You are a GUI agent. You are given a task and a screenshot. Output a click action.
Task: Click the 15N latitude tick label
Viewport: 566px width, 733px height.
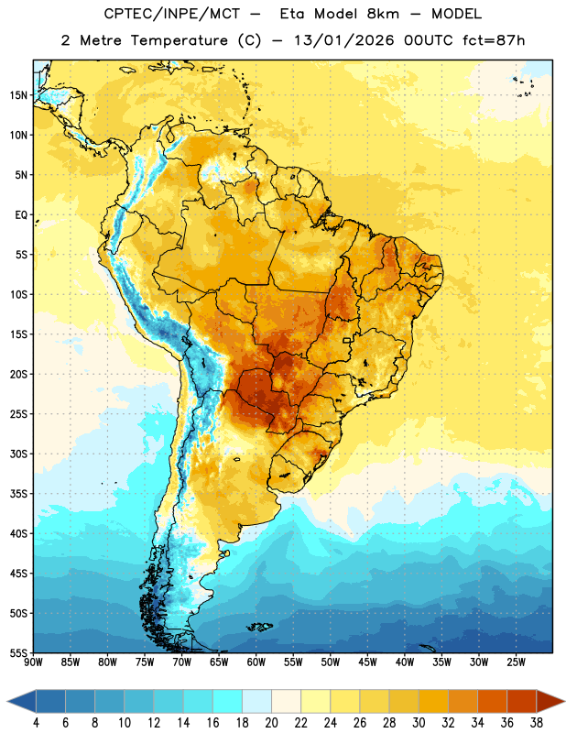(x=18, y=95)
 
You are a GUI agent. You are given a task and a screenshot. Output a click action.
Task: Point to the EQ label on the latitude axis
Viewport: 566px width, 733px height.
(x=21, y=215)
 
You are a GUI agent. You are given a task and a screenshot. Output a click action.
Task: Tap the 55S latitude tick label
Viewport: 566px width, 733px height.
(x=18, y=653)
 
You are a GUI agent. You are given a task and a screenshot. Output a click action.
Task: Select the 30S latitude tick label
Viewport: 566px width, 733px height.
(x=18, y=454)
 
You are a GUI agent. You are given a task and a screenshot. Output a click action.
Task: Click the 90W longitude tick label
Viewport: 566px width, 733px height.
(x=33, y=662)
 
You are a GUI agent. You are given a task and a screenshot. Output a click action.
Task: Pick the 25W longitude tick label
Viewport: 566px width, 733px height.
(x=516, y=662)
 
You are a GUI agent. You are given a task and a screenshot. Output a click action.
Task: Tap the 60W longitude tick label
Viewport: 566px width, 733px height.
(x=256, y=662)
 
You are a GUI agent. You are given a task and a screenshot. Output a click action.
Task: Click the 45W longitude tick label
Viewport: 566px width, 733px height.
(x=368, y=662)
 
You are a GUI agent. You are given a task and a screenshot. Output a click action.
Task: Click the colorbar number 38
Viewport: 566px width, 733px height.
(x=537, y=723)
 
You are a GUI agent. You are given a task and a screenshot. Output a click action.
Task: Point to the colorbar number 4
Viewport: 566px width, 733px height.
(x=36, y=723)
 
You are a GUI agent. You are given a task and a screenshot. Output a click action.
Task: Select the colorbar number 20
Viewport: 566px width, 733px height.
(x=271, y=723)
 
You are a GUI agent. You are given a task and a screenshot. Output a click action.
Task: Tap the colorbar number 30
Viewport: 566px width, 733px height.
(x=419, y=723)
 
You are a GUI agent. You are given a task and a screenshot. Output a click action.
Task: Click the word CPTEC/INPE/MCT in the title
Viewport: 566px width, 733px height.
(x=172, y=14)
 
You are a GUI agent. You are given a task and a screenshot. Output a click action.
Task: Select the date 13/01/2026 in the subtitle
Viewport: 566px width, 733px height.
(x=344, y=40)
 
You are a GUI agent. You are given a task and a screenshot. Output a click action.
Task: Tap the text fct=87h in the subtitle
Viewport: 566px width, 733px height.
(x=494, y=40)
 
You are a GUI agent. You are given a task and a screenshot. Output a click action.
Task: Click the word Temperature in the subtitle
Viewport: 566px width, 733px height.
(x=179, y=40)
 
